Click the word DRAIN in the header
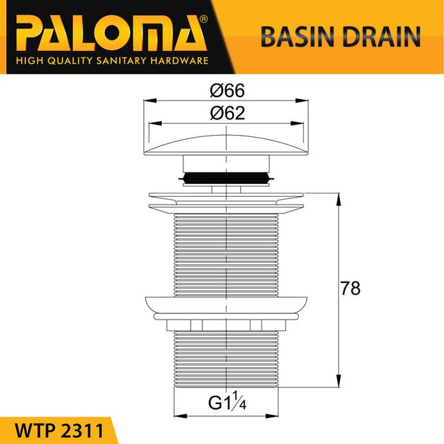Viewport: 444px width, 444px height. tap(377, 36)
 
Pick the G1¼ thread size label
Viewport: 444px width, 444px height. tap(228, 401)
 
